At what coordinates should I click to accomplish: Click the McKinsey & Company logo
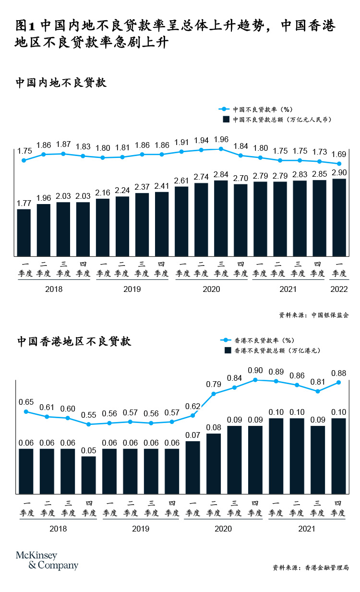point(47,560)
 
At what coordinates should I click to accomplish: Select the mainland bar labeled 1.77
point(24,232)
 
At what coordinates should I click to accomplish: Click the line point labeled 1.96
point(221,149)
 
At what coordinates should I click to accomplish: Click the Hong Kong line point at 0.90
point(256,380)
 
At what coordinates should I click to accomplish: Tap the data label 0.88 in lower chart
point(339,372)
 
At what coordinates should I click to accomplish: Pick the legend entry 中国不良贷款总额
point(277,119)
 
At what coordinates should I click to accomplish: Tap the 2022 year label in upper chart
point(339,289)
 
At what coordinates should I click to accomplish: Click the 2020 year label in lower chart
point(223,529)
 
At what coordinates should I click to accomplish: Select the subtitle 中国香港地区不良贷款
point(74,341)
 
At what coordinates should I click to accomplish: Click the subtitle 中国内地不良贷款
point(61,83)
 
